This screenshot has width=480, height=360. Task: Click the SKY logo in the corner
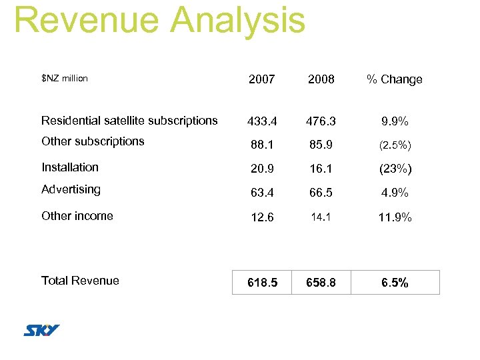point(42,331)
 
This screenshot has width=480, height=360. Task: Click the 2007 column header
point(261,79)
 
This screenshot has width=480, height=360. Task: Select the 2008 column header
point(321,79)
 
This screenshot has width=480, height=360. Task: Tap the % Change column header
point(394,79)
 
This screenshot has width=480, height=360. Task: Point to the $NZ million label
point(64,79)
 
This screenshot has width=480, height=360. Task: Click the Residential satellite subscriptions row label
point(129,121)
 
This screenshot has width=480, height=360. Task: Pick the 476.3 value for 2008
point(321,122)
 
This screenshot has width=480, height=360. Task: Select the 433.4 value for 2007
point(262,122)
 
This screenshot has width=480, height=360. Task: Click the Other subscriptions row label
point(93,141)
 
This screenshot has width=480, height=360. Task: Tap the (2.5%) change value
point(395,145)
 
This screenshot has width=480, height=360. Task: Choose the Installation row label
point(70,167)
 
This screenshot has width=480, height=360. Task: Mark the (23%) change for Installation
point(395,169)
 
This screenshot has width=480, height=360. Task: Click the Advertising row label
point(71,189)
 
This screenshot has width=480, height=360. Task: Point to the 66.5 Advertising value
point(321,193)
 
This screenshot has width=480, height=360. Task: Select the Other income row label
point(77,216)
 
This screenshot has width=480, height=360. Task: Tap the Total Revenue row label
point(80,281)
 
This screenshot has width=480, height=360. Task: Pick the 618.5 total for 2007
point(262,283)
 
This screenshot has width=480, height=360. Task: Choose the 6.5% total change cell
point(395,283)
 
